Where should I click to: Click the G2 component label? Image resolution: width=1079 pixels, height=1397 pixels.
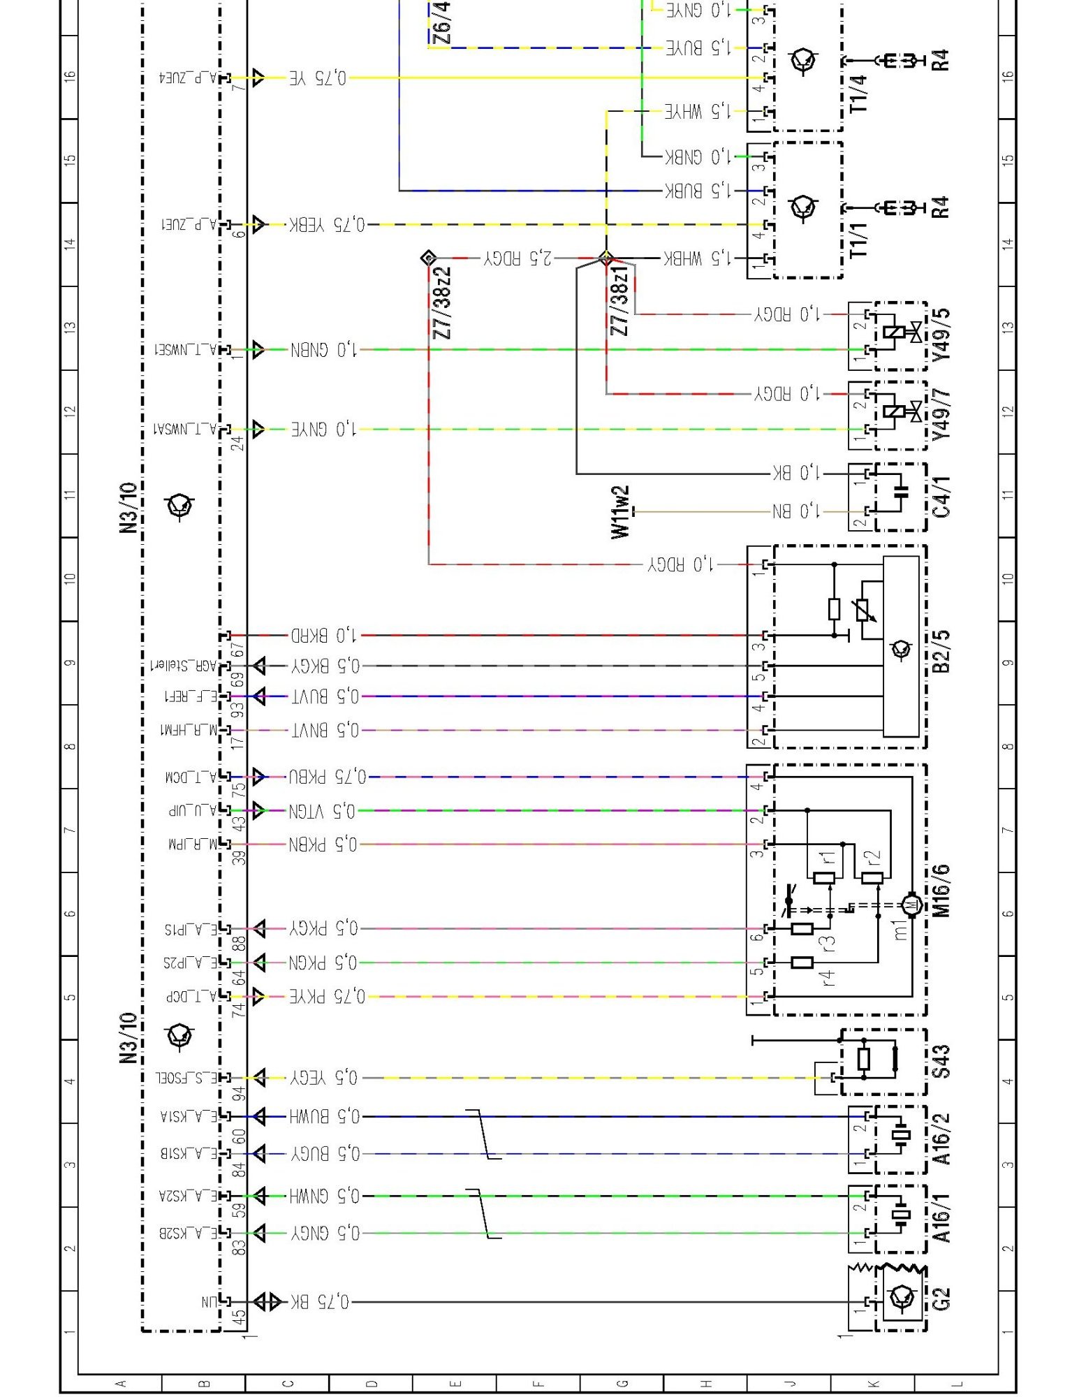pyautogui.click(x=941, y=1300)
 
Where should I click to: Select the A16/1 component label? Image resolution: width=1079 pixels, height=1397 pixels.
pyautogui.click(x=941, y=1218)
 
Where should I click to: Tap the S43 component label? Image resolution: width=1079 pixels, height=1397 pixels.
pyautogui.click(x=941, y=1062)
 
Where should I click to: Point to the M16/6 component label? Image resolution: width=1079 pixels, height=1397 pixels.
pyautogui.click(x=941, y=890)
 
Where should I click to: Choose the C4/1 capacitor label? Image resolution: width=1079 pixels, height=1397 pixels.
pyautogui.click(x=941, y=497)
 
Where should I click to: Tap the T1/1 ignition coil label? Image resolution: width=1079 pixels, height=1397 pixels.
pyautogui.click(x=858, y=240)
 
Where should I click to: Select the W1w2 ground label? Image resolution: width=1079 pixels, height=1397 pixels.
pyautogui.click(x=620, y=512)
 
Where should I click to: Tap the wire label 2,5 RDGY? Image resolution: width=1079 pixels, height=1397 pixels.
pyautogui.click(x=518, y=258)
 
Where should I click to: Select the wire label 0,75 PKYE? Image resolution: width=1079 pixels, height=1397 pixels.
pyautogui.click(x=328, y=996)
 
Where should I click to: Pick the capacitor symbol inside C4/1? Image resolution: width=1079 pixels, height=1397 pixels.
pyautogui.click(x=902, y=492)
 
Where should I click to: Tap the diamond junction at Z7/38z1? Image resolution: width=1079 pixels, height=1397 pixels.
pyautogui.click(x=606, y=258)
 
